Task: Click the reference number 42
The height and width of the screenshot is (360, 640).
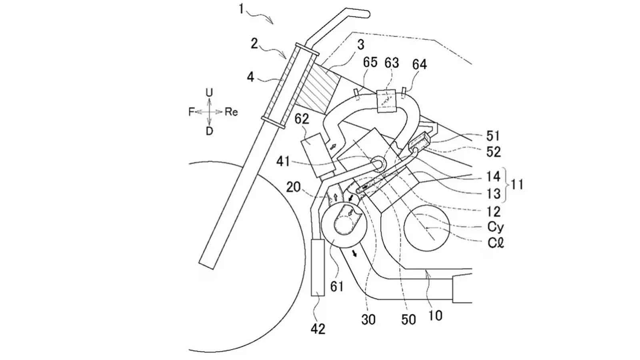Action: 318,329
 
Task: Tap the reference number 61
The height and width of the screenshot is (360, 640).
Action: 337,286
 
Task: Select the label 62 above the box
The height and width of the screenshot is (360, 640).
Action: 302,119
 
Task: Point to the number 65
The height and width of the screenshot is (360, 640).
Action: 370,63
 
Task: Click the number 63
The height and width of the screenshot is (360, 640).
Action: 392,63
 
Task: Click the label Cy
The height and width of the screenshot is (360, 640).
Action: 496,227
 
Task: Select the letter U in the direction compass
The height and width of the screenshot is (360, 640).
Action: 209,93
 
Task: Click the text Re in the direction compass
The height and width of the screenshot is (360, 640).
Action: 231,112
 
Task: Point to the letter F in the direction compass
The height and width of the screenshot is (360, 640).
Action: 191,112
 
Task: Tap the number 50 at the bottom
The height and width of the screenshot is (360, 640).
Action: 408,319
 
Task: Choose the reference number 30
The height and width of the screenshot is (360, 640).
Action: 368,319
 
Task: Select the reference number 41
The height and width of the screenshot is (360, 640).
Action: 284,162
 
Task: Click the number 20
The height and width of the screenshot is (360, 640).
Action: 293,187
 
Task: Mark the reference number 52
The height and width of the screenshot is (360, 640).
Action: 493,152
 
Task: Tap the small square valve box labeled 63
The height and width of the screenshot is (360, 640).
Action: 389,102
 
